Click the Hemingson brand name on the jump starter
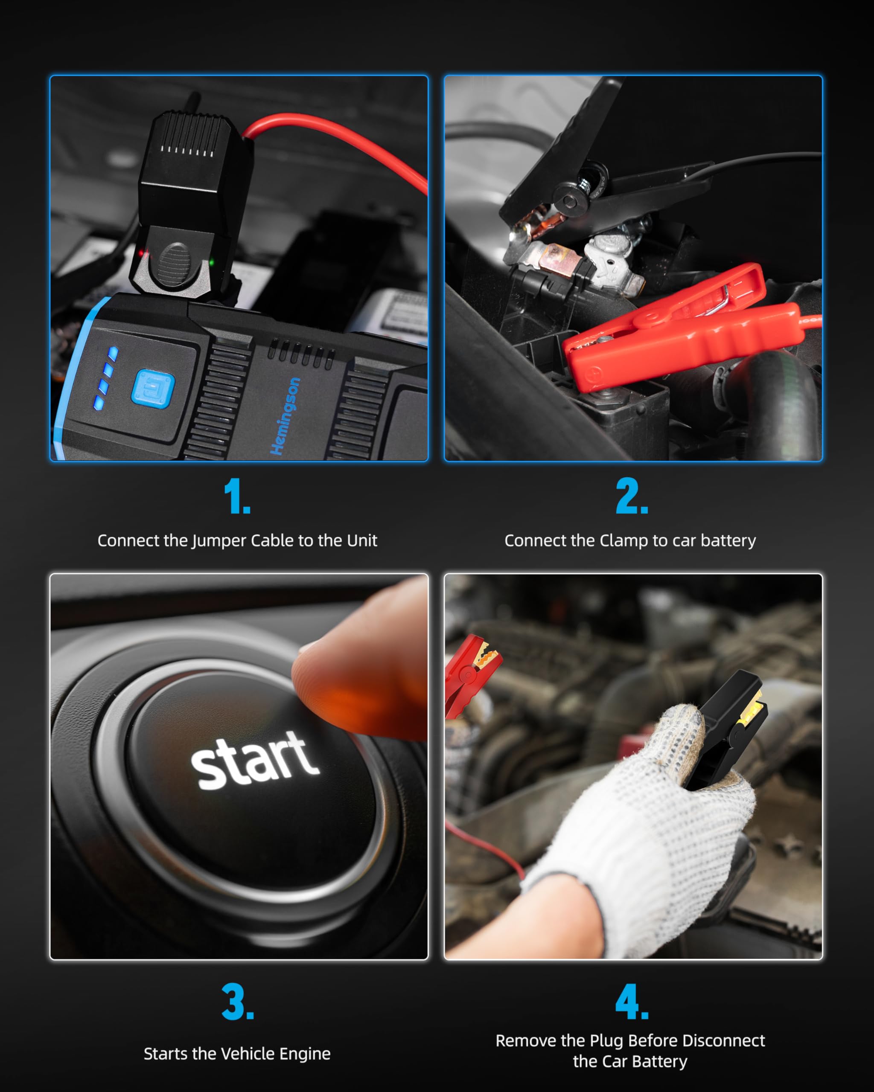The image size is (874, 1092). click(285, 416)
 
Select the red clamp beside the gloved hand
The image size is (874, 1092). click(469, 668)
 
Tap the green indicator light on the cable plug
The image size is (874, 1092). click(212, 262)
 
